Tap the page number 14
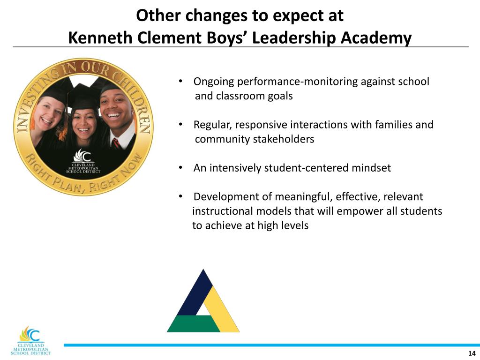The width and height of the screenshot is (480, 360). [472, 353]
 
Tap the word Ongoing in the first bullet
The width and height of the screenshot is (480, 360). [214, 82]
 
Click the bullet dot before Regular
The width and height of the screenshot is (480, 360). [180, 125]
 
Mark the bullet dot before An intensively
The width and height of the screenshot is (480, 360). [180, 168]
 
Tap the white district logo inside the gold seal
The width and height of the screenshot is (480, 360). [83, 162]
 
